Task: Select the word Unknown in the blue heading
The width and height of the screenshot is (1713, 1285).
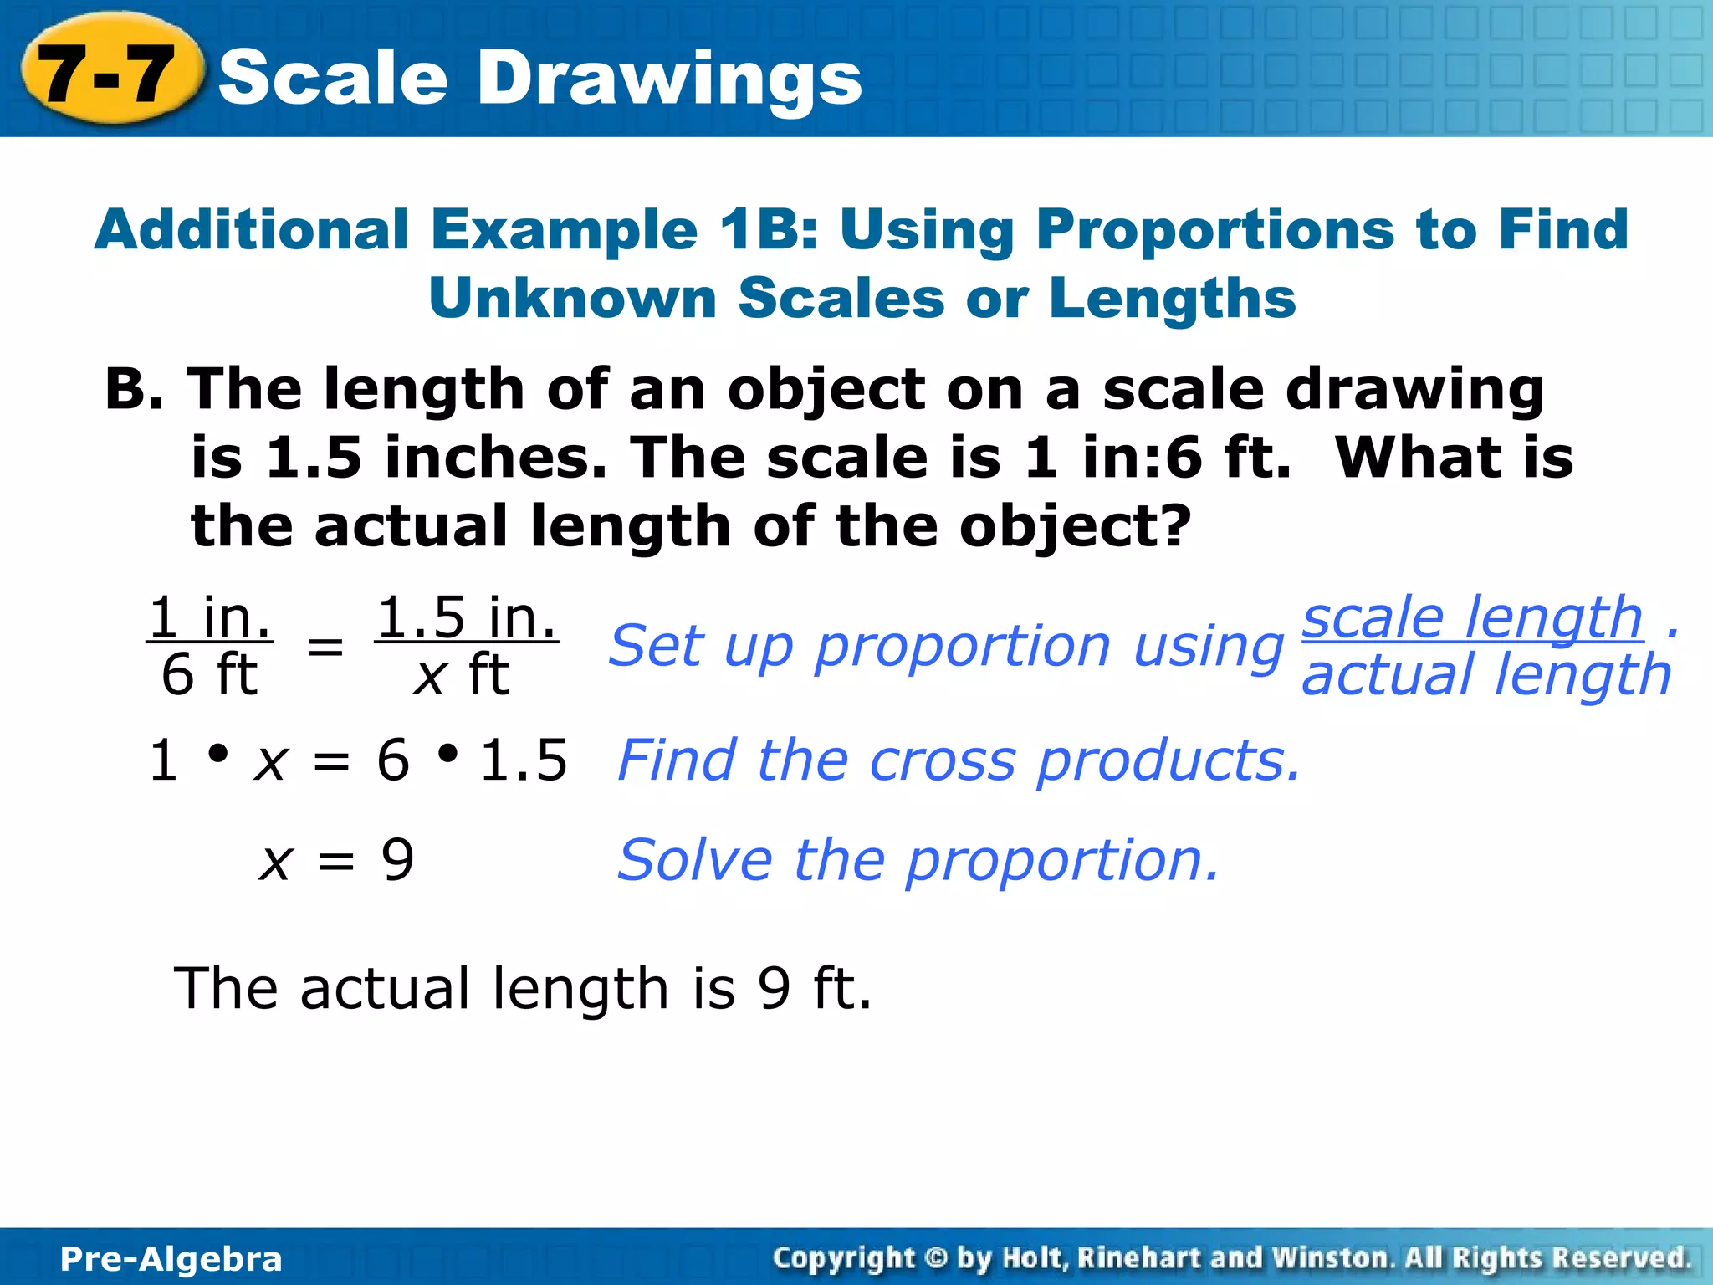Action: [x=573, y=299]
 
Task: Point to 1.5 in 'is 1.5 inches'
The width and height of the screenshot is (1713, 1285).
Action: [x=314, y=458]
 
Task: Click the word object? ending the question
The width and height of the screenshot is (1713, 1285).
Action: [x=1075, y=527]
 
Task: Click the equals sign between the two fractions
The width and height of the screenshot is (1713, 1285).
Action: [x=325, y=647]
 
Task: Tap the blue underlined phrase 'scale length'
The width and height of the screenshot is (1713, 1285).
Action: [x=1472, y=617]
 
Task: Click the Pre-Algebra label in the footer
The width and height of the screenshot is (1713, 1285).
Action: [x=171, y=1259]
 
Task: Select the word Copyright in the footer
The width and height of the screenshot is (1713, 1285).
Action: [x=845, y=1258]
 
